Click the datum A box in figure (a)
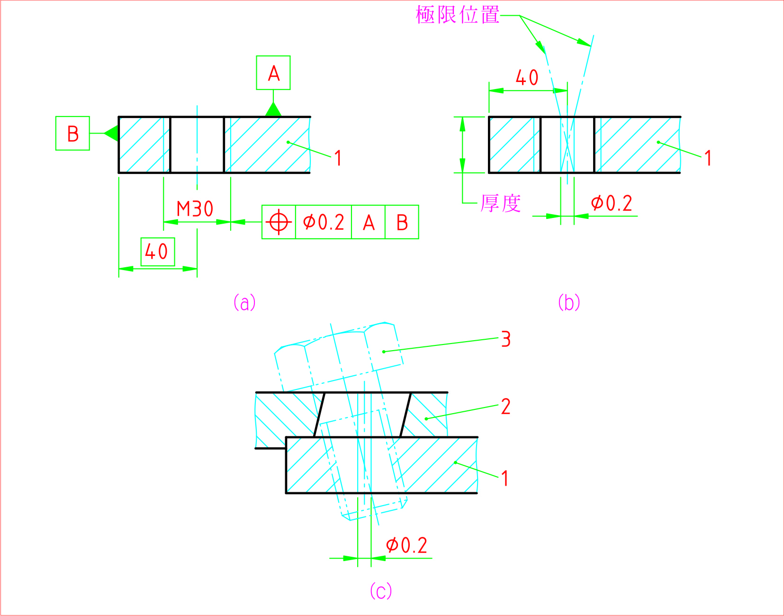273,73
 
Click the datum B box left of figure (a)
72,133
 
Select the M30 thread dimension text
195,209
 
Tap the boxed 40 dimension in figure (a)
157,252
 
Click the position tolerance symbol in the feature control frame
279,222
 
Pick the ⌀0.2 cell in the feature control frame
324,222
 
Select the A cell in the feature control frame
369,222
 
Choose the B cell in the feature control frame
402,222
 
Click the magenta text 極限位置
458,15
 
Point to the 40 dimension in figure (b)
527,78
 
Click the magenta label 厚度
501,204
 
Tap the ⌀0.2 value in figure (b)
612,204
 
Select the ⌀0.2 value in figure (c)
406,545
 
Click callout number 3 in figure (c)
506,339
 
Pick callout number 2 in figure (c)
506,407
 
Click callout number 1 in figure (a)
338,158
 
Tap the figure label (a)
244,302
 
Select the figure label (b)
568,302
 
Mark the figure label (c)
380,591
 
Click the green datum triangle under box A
273,110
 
